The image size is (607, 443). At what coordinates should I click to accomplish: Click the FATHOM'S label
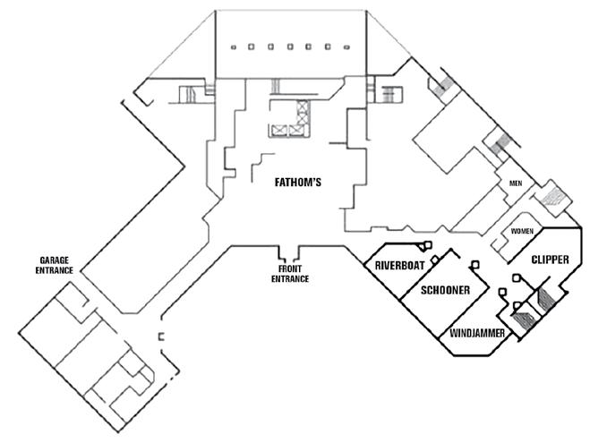[x=296, y=182]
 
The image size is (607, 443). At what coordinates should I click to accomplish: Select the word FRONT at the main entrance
[x=289, y=269]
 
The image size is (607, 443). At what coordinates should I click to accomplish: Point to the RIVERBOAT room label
[x=399, y=266]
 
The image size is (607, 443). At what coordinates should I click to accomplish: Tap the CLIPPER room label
[x=550, y=260]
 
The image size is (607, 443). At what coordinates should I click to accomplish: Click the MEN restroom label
[x=516, y=184]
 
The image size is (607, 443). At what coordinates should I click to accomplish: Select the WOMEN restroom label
[x=522, y=231]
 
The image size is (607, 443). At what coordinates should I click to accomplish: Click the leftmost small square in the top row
[x=232, y=47]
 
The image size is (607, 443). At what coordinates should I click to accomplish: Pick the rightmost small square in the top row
[x=346, y=47]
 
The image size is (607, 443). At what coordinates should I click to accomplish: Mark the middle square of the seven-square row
[x=288, y=47]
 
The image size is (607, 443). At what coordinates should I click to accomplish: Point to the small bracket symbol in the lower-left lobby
[x=161, y=337]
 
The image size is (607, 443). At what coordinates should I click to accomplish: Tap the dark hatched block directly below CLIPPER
[x=545, y=299]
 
